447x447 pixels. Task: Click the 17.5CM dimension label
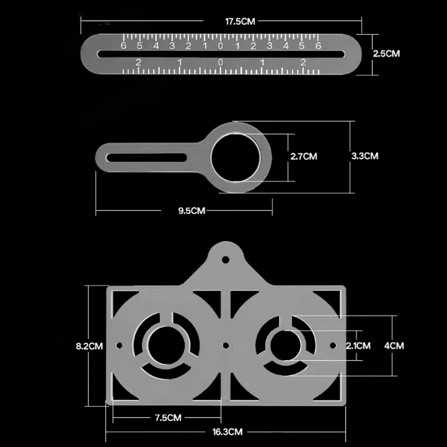pos(240,21)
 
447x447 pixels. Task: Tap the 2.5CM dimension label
pos(386,54)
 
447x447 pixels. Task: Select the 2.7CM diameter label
pos(304,156)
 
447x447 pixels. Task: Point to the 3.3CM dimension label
pos(364,156)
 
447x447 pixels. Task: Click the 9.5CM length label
pos(191,211)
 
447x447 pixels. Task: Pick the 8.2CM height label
pos(89,346)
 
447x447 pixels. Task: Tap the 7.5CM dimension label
pos(168,418)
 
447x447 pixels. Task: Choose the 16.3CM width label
pos(227,432)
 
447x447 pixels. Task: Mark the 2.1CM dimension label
pos(358,346)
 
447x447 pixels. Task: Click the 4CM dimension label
pos(394,346)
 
